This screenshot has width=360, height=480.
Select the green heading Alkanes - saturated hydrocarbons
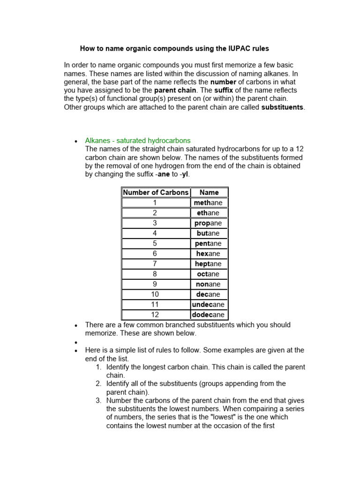click(138, 141)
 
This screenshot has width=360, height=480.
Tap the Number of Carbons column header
click(156, 192)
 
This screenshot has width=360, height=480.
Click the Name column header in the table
click(209, 192)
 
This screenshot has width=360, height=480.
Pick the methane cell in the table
click(209, 202)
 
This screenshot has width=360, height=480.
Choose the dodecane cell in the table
click(209, 315)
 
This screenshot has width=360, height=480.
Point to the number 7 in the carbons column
click(155, 264)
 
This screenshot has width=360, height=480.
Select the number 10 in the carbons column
click(155, 294)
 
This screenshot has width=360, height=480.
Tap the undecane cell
click(209, 305)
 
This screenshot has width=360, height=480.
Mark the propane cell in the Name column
click(209, 223)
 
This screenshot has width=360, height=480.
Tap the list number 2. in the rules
click(98, 383)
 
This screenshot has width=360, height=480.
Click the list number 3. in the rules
click(98, 400)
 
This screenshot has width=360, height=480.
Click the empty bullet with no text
click(76, 342)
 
